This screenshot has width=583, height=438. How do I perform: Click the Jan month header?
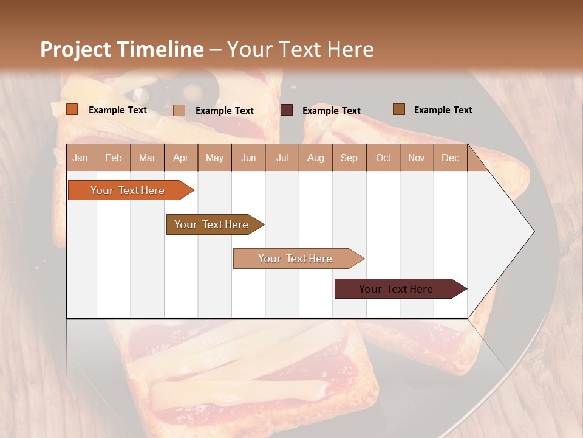pos(80,158)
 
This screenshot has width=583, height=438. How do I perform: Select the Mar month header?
pos(147,158)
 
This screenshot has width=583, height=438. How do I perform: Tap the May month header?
pos(214,158)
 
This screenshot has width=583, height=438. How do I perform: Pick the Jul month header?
pos(282,158)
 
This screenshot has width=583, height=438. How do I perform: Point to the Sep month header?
pos(349,158)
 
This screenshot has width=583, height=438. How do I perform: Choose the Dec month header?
pos(450,158)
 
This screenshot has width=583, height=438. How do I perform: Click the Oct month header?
pos(383,158)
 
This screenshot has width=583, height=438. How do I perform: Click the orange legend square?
pos(72,109)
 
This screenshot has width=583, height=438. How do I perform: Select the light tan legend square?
pos(179,110)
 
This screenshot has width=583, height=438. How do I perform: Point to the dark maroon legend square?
pos(287,109)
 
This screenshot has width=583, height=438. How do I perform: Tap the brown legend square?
pos(399,109)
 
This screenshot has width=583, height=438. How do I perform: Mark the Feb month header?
pos(114,158)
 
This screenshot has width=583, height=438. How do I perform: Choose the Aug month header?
pos(315,158)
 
